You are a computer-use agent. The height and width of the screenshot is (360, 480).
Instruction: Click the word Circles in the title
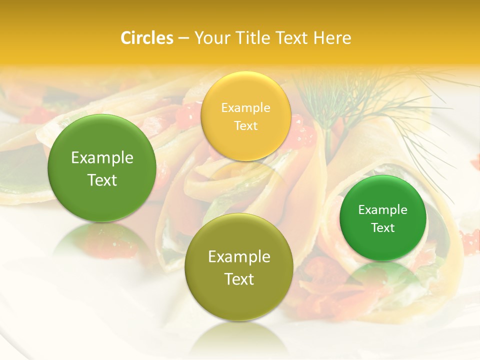pos(147,38)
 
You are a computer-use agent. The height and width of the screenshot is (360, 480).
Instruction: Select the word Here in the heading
pos(332,38)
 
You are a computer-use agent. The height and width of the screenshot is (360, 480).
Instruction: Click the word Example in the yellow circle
pos(245,108)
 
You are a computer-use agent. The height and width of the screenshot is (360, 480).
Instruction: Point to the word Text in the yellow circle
pos(245,126)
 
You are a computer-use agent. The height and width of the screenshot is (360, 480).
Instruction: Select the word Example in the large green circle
pos(102,158)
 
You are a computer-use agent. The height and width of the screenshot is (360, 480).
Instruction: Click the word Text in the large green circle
pos(102,180)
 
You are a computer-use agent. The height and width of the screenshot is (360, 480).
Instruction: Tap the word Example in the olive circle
pos(239,257)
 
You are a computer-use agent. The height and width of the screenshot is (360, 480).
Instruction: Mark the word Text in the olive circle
pos(239,279)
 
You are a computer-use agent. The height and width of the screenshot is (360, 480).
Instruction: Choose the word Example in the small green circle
pos(383,210)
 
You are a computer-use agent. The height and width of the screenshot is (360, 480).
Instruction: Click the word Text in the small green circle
pos(383,228)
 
